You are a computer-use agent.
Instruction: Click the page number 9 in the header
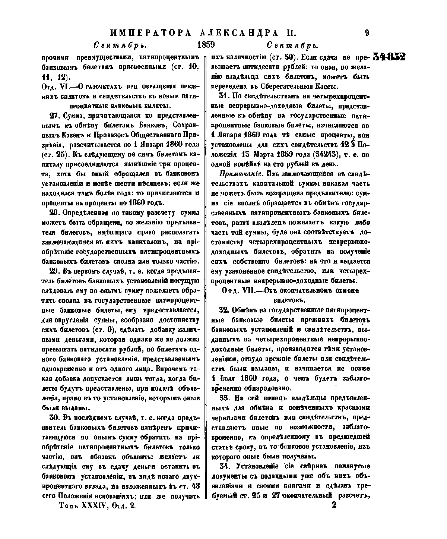(x=367, y=33)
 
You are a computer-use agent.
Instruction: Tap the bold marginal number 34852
(x=389, y=57)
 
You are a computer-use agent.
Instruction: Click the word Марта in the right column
(x=259, y=155)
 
